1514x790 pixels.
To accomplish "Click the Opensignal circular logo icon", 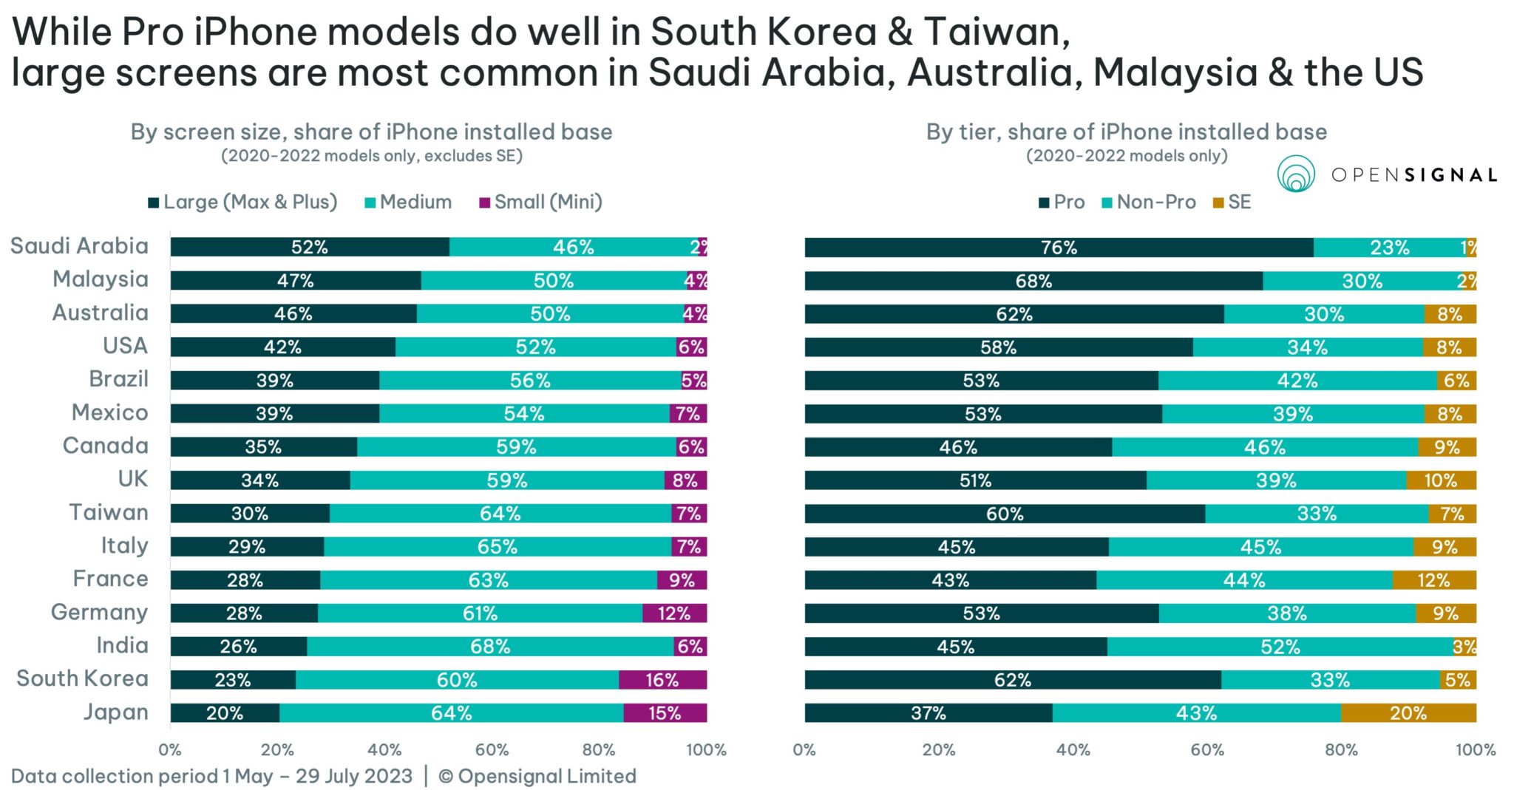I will tap(1295, 174).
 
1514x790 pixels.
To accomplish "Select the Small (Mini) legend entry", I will tap(540, 202).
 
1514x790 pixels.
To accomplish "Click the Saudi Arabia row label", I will tap(79, 246).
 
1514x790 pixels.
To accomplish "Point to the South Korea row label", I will tap(82, 678).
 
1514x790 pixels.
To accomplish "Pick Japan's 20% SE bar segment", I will tap(1408, 713).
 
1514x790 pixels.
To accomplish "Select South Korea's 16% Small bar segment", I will tap(662, 680).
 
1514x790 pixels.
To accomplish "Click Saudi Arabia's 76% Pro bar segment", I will tap(1059, 248).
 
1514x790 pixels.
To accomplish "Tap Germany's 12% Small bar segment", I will tap(674, 613).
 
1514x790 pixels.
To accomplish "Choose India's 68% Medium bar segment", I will tap(490, 647).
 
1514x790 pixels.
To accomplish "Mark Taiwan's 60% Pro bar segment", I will tap(1005, 514).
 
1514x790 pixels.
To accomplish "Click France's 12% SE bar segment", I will tap(1434, 580).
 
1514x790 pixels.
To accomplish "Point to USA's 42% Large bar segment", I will tap(282, 347).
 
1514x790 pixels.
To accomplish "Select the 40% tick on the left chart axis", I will tap(384, 749).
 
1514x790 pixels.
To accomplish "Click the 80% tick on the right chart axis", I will tap(1341, 749).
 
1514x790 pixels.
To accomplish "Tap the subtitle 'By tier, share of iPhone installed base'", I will tap(1126, 132).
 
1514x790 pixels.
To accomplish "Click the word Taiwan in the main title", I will tap(995, 32).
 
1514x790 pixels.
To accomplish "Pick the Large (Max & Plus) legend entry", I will tap(242, 202).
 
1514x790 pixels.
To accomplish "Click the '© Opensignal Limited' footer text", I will tap(537, 776).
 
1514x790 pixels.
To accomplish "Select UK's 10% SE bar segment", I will tap(1441, 480).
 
